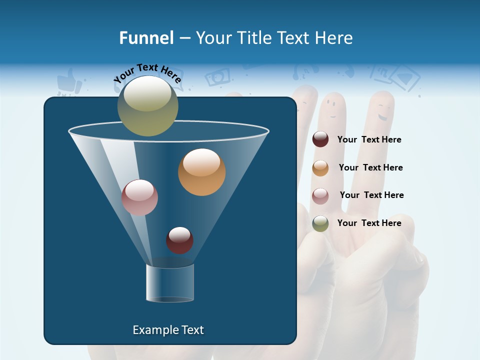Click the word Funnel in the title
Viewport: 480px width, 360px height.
(146, 38)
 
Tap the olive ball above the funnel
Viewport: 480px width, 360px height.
(147, 106)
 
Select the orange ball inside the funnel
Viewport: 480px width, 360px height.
(201, 172)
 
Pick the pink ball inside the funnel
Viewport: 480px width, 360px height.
(139, 197)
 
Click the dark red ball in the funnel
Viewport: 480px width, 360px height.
(179, 240)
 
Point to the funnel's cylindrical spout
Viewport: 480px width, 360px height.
(170, 283)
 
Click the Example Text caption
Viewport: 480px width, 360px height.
(168, 330)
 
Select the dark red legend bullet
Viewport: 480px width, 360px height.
(320, 139)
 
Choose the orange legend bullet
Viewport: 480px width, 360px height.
(320, 167)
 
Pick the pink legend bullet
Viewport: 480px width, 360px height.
(320, 195)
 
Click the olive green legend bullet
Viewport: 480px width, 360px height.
(320, 223)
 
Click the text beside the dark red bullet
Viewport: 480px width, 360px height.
(369, 139)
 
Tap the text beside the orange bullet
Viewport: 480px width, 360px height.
(370, 167)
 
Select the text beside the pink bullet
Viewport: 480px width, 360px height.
(371, 195)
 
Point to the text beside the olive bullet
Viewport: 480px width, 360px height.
(369, 223)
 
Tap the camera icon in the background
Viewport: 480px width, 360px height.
(218, 76)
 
